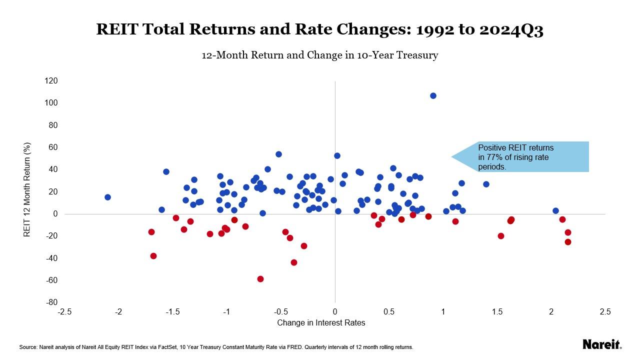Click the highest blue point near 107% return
(433, 95)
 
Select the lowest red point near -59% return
(260, 279)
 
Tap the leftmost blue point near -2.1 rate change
(107, 197)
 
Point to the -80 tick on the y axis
(51, 302)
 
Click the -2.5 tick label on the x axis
(64, 312)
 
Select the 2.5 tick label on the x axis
(605, 312)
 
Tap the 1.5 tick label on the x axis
(497, 312)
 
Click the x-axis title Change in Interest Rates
(321, 323)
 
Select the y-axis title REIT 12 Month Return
(28, 189)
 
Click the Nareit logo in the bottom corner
(602, 344)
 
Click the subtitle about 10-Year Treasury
(320, 55)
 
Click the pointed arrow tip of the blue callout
(452, 157)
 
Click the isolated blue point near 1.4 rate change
(486, 184)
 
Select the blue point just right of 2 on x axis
(555, 211)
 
